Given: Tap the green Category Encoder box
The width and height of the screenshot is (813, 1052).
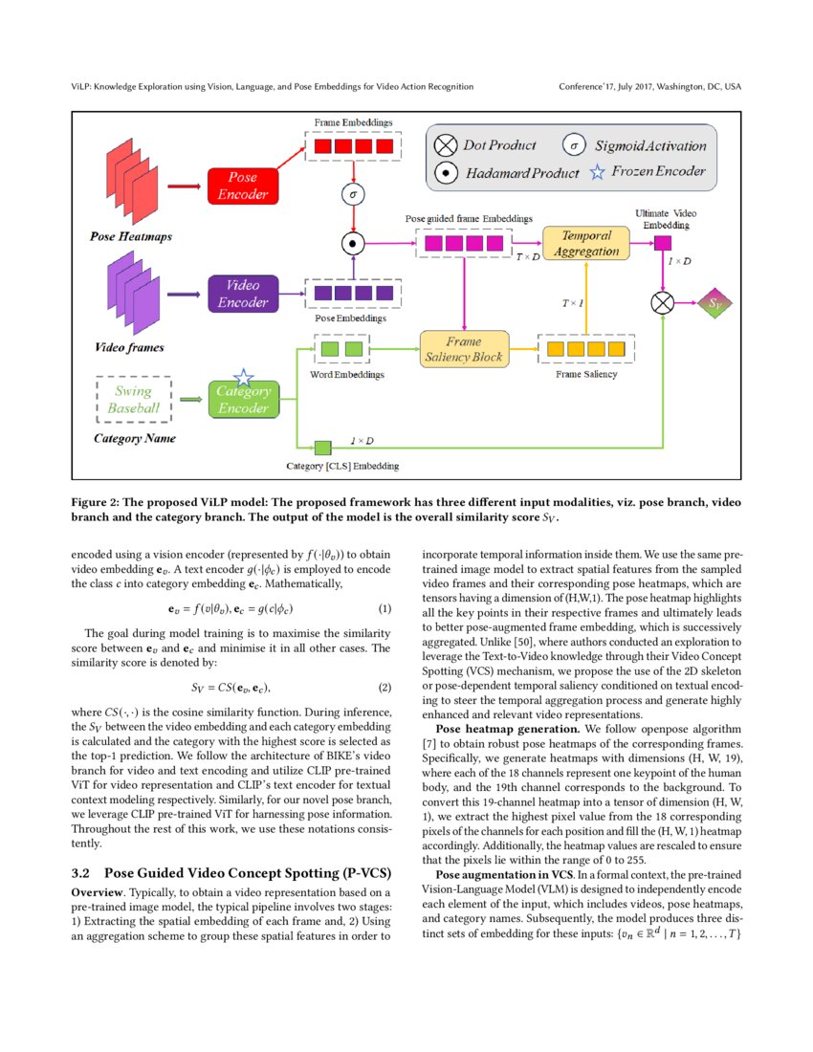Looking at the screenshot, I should click(x=243, y=399).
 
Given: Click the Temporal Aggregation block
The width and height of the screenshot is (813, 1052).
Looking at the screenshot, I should click(x=586, y=243).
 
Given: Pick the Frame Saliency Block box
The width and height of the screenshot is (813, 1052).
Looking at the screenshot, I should click(x=463, y=349).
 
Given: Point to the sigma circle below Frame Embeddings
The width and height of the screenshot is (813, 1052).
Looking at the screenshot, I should click(x=355, y=195).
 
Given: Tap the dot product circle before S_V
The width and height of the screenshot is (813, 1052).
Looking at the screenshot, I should click(x=662, y=303).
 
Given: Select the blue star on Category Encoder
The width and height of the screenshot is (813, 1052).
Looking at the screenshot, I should click(x=243, y=378).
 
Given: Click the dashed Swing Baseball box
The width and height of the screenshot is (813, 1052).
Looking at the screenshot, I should click(x=134, y=399).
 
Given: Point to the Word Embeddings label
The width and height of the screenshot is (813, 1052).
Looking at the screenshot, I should click(x=346, y=375).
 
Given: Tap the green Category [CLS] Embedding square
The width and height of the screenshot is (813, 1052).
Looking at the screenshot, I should click(x=322, y=447).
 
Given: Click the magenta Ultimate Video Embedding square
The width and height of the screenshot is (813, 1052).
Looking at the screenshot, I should click(x=662, y=243).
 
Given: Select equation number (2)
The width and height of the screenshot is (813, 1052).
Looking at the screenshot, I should click(x=385, y=688).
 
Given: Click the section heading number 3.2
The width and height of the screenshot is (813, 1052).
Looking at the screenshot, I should click(x=81, y=873).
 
